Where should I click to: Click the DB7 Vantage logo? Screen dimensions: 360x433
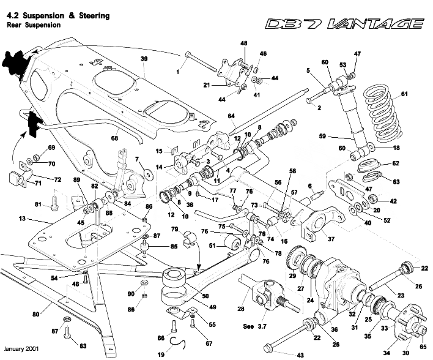tap(344, 24)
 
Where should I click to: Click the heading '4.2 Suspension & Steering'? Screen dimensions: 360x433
tap(57, 15)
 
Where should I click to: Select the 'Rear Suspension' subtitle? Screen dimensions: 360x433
tap(34, 26)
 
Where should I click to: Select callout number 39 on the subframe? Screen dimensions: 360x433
tap(144, 59)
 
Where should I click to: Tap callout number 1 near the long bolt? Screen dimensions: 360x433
tap(178, 72)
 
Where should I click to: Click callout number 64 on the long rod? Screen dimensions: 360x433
tap(231, 116)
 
